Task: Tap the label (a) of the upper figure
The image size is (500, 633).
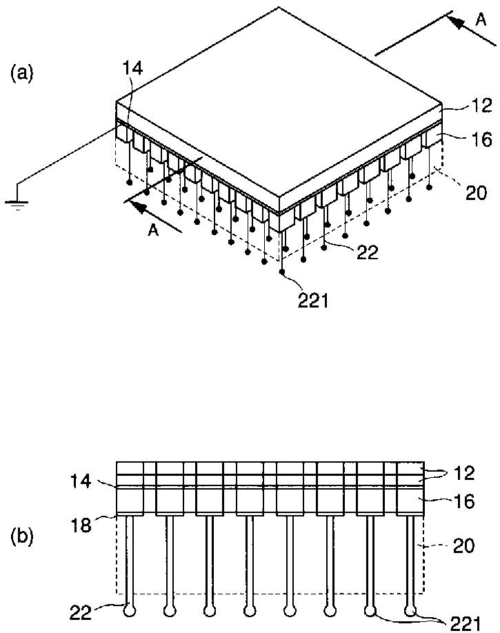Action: pos(21,73)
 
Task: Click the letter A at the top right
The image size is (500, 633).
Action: pos(481,20)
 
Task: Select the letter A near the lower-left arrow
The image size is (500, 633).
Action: pos(153,231)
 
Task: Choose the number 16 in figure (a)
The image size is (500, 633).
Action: pos(482,140)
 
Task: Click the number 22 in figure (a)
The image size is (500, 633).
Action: pos(368,253)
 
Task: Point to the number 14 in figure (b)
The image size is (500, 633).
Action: pos(81,481)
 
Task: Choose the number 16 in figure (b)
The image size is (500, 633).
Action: pos(464,501)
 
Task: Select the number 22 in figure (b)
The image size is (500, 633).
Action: pos(81,612)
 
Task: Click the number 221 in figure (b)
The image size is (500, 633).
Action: pos(466,624)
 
